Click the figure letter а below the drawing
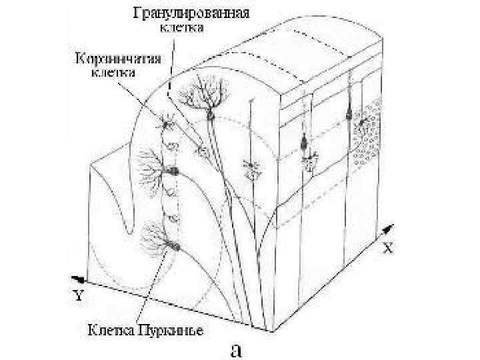235,349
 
